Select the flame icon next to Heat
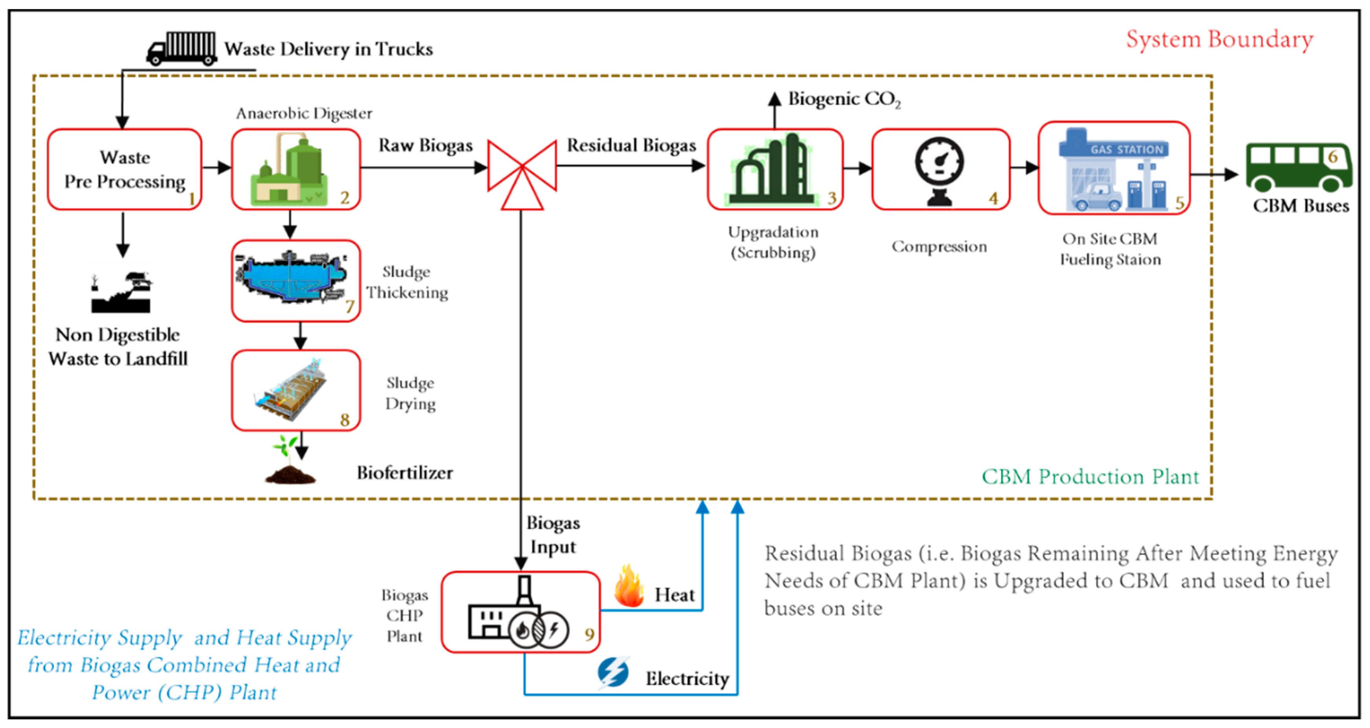click(x=629, y=587)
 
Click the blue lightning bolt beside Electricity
click(x=613, y=672)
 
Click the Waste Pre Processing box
click(x=124, y=169)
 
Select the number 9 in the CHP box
click(x=589, y=634)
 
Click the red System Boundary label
click(x=1219, y=40)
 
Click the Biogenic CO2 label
click(x=844, y=99)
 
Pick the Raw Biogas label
click(x=425, y=145)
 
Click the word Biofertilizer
click(x=405, y=473)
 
